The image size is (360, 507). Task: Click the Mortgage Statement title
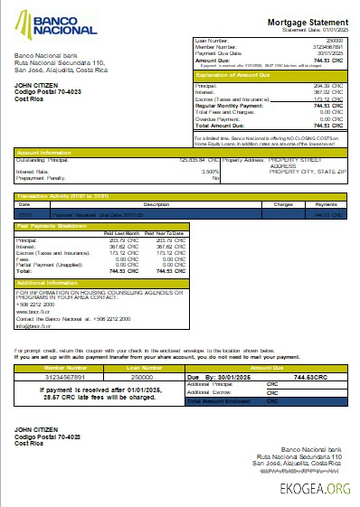(307, 22)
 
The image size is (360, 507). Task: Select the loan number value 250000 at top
(335, 42)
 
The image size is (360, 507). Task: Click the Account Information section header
(43, 153)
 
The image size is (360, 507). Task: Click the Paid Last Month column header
(122, 233)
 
